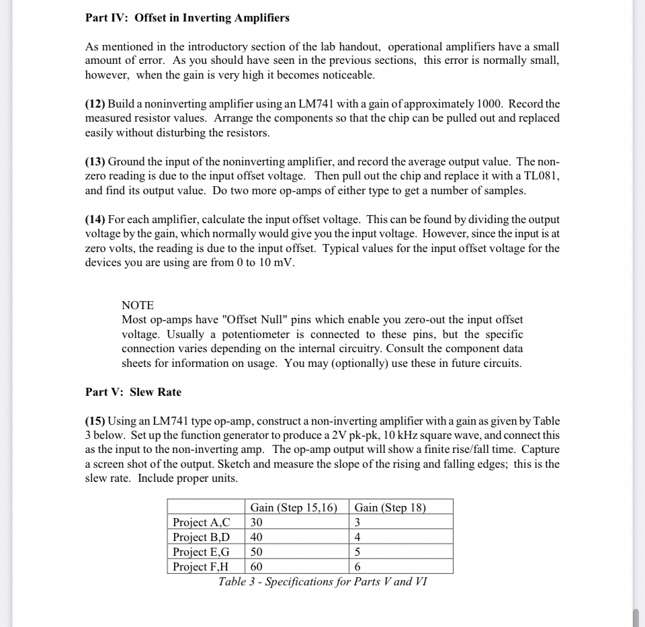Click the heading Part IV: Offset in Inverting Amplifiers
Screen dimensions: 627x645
tap(187, 18)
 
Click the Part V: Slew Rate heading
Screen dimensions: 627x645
tap(133, 392)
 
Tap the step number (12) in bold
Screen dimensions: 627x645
tap(95, 104)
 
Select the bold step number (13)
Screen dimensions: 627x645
tap(95, 162)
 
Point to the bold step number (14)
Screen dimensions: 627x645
tap(95, 220)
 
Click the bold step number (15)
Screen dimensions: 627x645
tap(95, 421)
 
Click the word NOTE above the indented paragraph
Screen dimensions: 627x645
tap(138, 305)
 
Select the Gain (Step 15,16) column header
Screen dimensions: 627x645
tap(294, 507)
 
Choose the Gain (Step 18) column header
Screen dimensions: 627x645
tap(390, 507)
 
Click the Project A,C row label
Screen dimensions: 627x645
tap(201, 522)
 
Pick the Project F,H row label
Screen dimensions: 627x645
tap(201, 567)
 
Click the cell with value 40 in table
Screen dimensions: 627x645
tap(257, 537)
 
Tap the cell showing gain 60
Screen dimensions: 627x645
tap(257, 567)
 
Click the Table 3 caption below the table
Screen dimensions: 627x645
tap(322, 581)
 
